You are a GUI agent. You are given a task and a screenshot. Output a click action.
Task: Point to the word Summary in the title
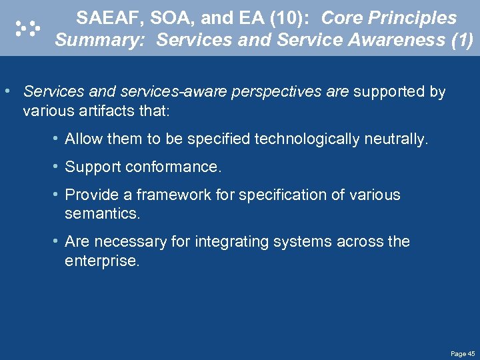pyautogui.click(x=102, y=41)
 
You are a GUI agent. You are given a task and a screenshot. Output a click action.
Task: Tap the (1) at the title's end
pyautogui.click(x=461, y=41)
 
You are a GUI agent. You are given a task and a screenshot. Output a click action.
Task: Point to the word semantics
pyautogui.click(x=102, y=213)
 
